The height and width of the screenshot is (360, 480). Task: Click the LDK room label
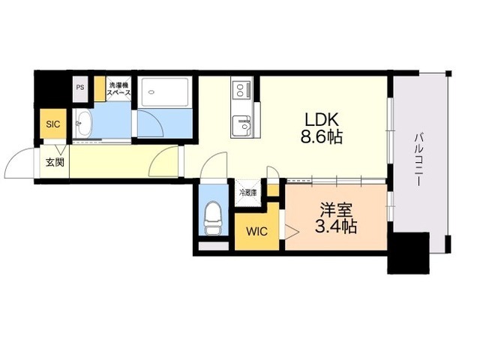point(322,120)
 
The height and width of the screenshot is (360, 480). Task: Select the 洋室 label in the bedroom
point(336,210)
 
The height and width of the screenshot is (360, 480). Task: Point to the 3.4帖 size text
point(336,226)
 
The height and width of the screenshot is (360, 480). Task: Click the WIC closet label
point(257,232)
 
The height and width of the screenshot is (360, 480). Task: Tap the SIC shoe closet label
point(53,124)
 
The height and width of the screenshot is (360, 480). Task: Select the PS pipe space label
point(80,87)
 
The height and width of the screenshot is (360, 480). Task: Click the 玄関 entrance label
point(55,162)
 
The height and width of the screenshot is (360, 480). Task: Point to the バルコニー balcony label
point(418,160)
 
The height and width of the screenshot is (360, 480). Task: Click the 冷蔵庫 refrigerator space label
point(248,193)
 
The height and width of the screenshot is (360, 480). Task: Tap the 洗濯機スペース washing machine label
point(118,88)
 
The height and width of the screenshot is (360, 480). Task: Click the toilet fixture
point(213,218)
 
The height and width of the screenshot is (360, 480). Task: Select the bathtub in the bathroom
point(163,92)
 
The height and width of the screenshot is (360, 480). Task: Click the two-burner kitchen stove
point(241,88)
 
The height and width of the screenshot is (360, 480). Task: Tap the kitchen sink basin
point(241,126)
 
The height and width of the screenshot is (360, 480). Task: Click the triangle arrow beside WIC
point(292,231)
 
